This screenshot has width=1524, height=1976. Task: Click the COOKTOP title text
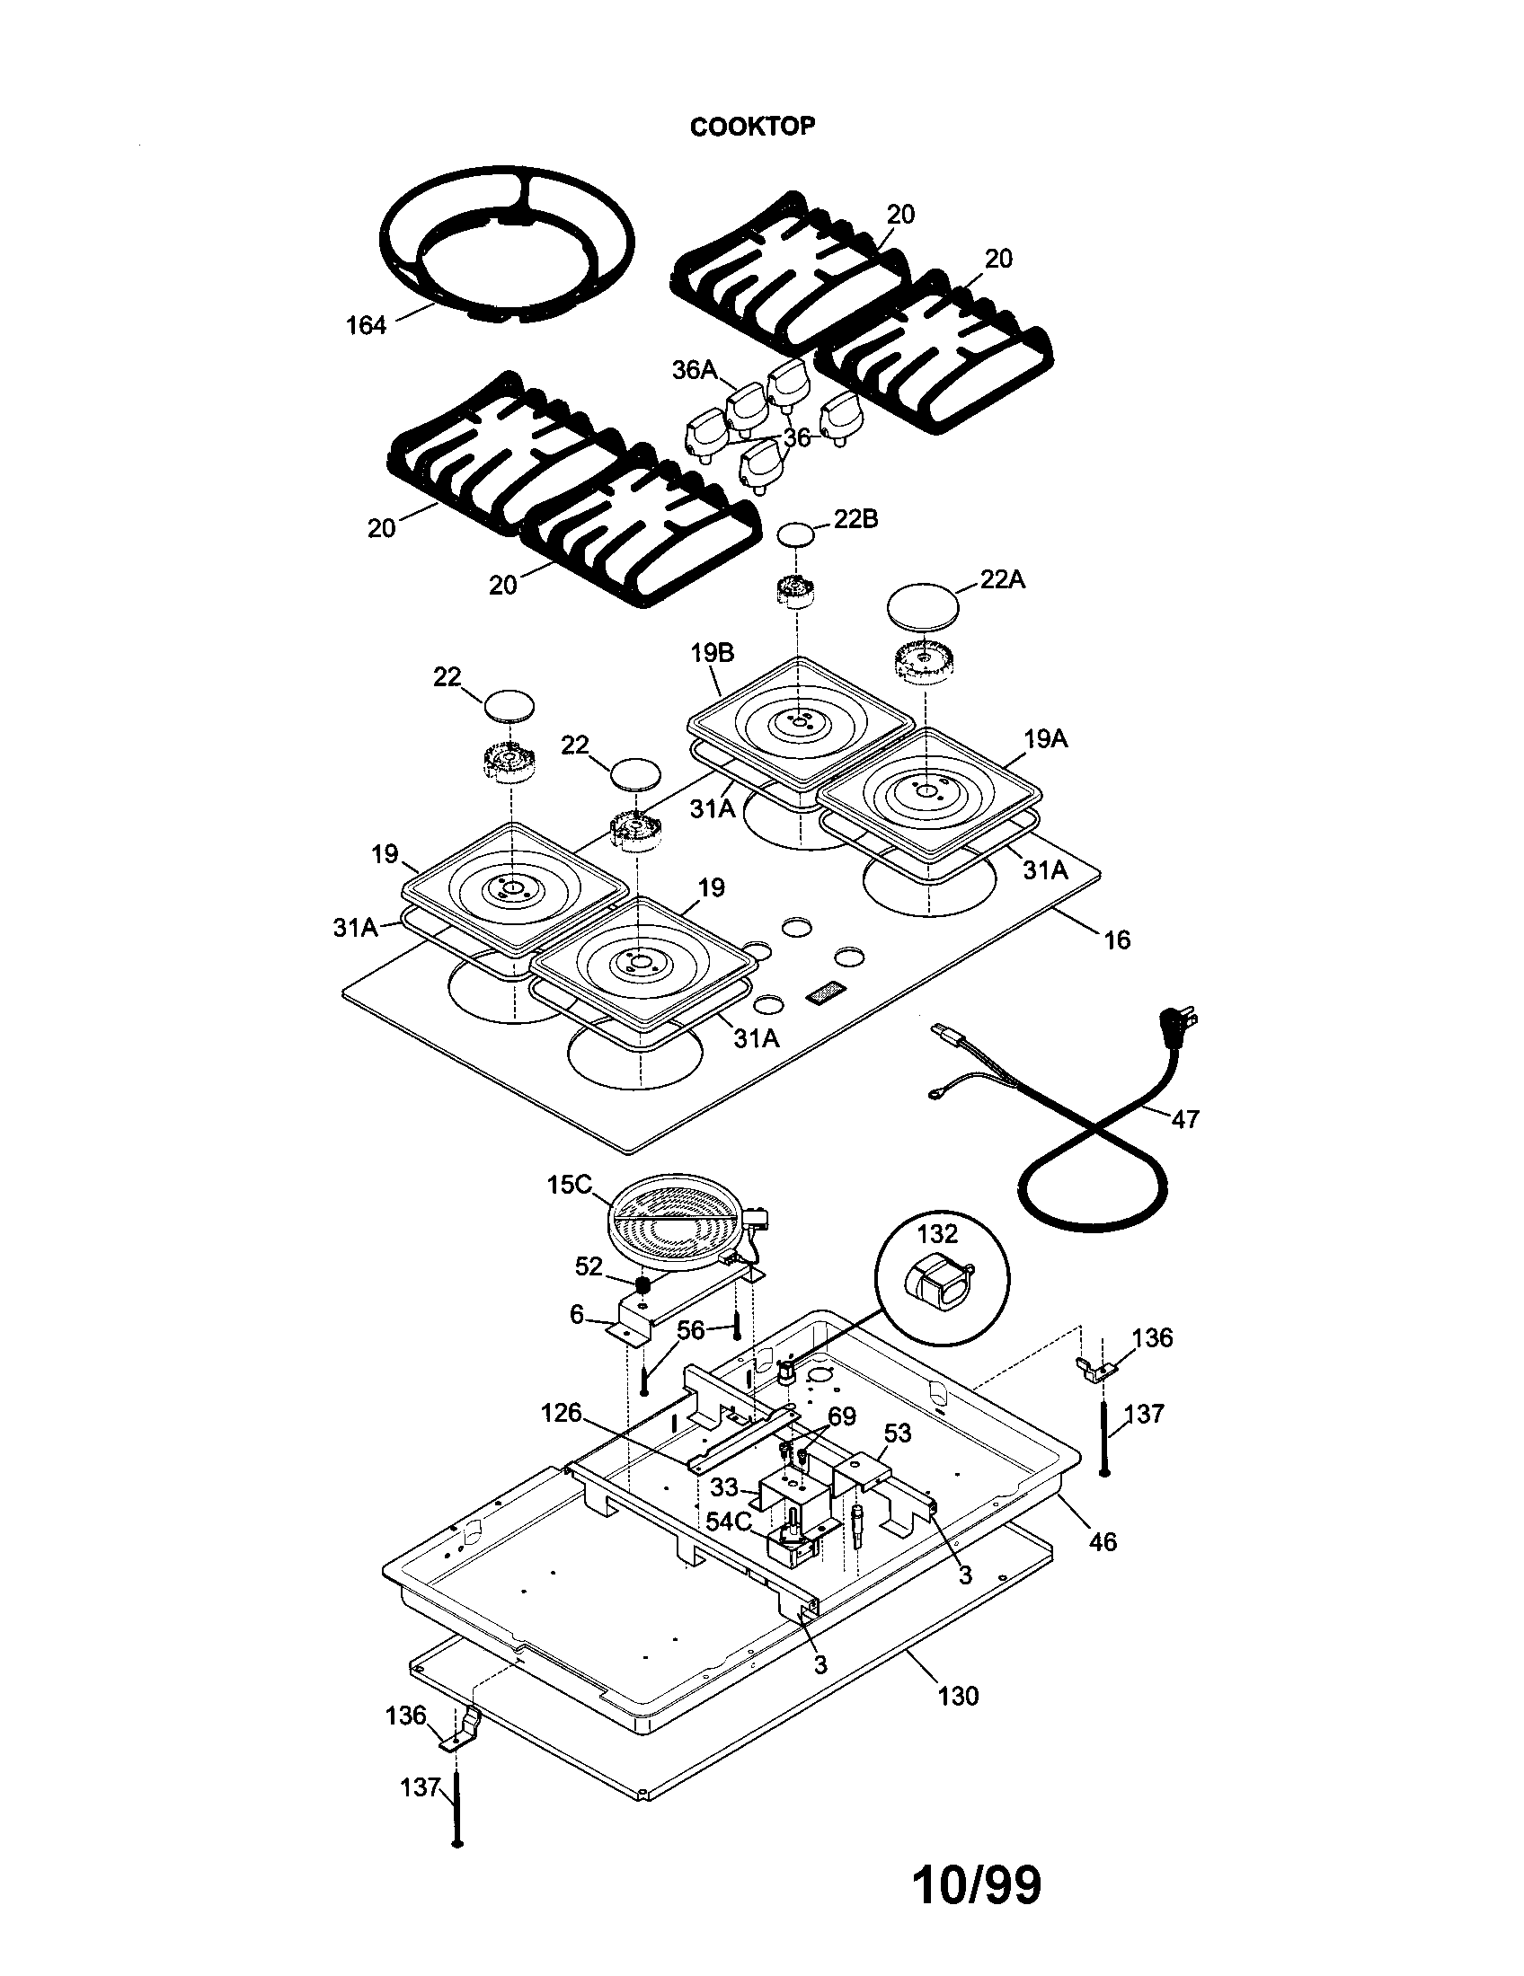click(x=752, y=127)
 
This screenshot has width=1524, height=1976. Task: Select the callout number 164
click(x=366, y=326)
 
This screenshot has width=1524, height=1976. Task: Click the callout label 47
click(x=1184, y=1119)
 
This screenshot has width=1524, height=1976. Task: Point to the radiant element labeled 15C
click(x=674, y=1228)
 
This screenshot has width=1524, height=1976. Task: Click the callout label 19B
click(x=713, y=653)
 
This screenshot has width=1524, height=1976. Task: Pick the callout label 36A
click(x=694, y=369)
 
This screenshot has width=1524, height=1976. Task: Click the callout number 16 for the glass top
click(x=1117, y=940)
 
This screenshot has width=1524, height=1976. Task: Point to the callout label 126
click(x=561, y=1412)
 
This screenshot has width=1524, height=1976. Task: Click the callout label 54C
click(x=729, y=1522)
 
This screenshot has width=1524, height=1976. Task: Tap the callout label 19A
click(x=1045, y=739)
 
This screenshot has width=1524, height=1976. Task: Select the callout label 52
click(x=589, y=1266)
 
